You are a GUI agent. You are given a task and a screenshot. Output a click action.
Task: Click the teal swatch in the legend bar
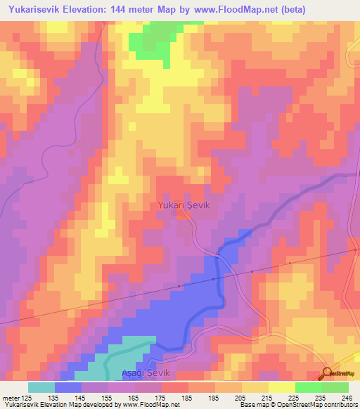click(41, 387)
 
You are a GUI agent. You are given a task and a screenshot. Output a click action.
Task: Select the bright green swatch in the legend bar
click(308, 387)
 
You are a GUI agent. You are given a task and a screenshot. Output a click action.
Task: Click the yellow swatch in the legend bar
click(255, 387)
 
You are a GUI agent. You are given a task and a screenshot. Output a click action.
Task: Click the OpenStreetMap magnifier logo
click(326, 373)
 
